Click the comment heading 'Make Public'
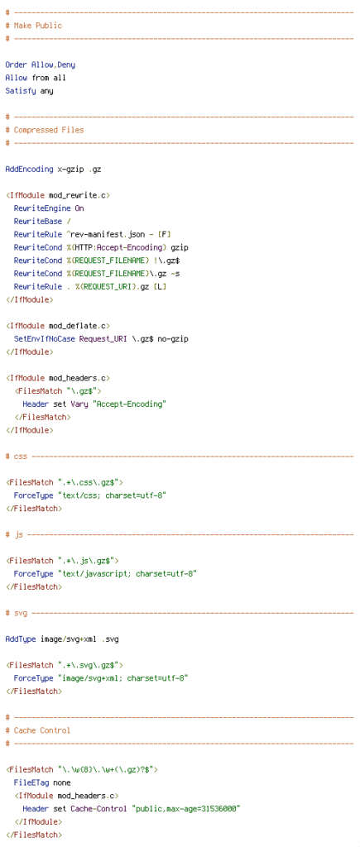tap(38, 26)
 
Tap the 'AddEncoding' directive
tap(29, 169)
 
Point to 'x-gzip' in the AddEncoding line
tap(71, 169)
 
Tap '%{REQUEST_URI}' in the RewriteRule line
tap(105, 286)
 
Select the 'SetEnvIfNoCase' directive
tap(45, 338)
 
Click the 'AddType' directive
tap(21, 639)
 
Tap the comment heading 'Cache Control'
tap(42, 730)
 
